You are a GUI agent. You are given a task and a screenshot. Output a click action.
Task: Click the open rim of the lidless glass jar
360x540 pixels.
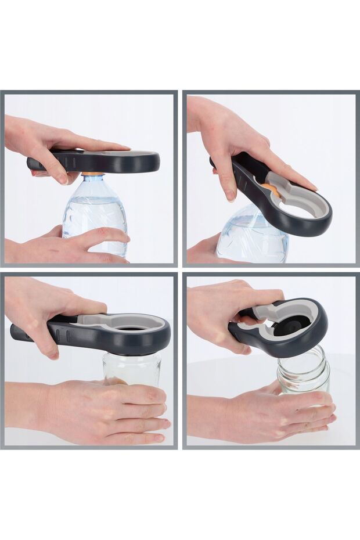(x=303, y=356)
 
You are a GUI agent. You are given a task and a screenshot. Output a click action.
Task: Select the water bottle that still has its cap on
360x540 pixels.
(x=95, y=215)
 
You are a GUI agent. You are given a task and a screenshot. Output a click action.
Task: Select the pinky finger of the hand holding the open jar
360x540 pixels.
(x=316, y=429)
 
